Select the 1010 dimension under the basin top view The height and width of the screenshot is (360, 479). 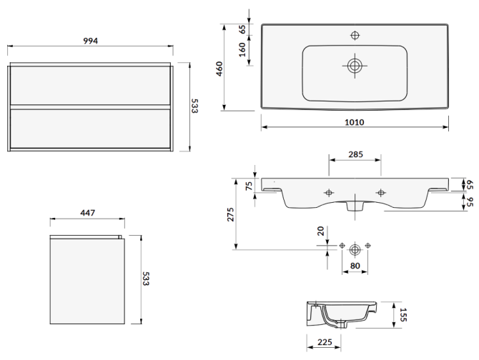355,121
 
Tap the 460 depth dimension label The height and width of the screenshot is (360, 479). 220,69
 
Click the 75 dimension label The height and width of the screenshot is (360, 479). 250,187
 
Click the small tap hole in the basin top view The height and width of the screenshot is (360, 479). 355,35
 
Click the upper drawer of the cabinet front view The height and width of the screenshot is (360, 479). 90,86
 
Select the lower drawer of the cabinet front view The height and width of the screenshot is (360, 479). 90,128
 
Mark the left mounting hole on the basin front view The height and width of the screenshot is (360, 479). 330,192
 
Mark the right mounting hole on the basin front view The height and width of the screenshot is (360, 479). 380,192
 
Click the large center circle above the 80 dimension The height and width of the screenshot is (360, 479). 355,249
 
